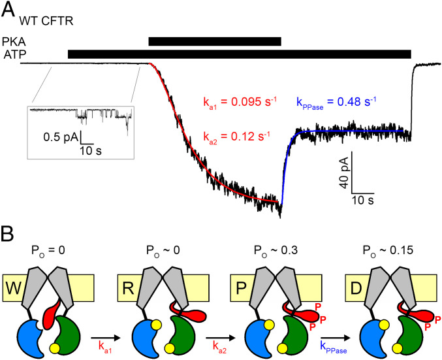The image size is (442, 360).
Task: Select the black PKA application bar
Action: coord(214,41)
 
